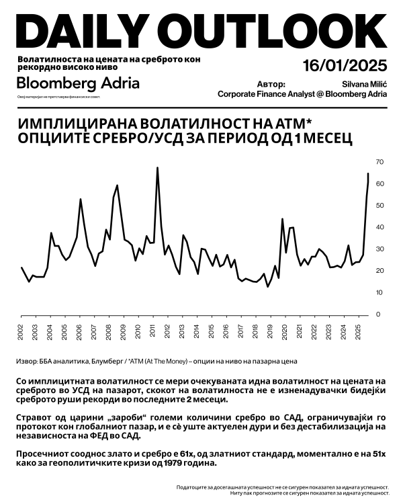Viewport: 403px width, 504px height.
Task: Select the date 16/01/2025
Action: [x=345, y=66]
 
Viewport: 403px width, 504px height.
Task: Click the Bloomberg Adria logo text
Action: [x=78, y=83]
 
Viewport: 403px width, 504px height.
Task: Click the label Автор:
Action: [x=271, y=85]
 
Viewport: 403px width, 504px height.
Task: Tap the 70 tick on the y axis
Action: [x=379, y=162]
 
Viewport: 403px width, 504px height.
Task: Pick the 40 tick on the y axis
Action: [x=379, y=227]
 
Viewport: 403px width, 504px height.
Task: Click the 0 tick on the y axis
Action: [x=377, y=314]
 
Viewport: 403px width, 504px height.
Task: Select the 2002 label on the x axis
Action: [x=21, y=333]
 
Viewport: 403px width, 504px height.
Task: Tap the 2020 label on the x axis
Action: [x=284, y=333]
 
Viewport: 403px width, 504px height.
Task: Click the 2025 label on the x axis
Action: [x=357, y=333]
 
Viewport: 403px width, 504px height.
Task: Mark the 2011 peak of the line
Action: [x=157, y=168]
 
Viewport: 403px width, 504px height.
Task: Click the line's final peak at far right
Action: [x=368, y=174]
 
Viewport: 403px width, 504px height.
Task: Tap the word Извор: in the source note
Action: [x=26, y=361]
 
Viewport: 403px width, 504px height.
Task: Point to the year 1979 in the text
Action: [x=182, y=464]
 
